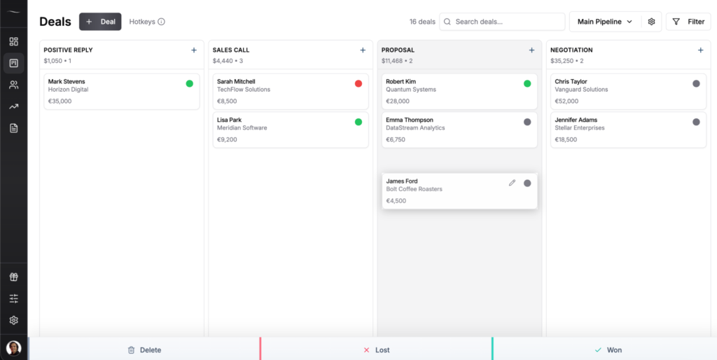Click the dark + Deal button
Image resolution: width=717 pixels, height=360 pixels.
[x=100, y=22]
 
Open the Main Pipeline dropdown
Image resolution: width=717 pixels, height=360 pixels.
[x=605, y=22]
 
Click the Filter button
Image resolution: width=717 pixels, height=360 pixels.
[x=688, y=22]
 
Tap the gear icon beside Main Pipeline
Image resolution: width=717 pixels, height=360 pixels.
[x=651, y=22]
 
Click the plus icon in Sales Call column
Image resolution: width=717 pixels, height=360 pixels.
[x=363, y=50]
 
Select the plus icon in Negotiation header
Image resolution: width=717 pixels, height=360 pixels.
[x=700, y=50]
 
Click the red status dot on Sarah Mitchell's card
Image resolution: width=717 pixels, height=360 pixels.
[x=358, y=83]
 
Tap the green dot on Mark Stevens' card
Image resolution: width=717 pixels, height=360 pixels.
[x=189, y=83]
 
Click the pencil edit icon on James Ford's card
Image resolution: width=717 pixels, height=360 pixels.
[x=512, y=183]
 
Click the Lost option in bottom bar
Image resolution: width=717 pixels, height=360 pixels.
[x=376, y=349]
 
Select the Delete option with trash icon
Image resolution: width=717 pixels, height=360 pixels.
[x=144, y=349]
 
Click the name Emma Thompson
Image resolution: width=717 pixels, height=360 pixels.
[x=410, y=120]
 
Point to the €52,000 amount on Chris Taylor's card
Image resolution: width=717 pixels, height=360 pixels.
[x=568, y=101]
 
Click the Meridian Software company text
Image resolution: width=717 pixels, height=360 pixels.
[x=242, y=128]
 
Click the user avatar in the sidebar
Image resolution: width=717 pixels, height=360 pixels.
[x=13, y=347]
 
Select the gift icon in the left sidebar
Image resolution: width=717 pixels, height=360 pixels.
[x=13, y=277]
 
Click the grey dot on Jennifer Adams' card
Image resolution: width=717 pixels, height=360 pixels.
[x=696, y=122]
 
